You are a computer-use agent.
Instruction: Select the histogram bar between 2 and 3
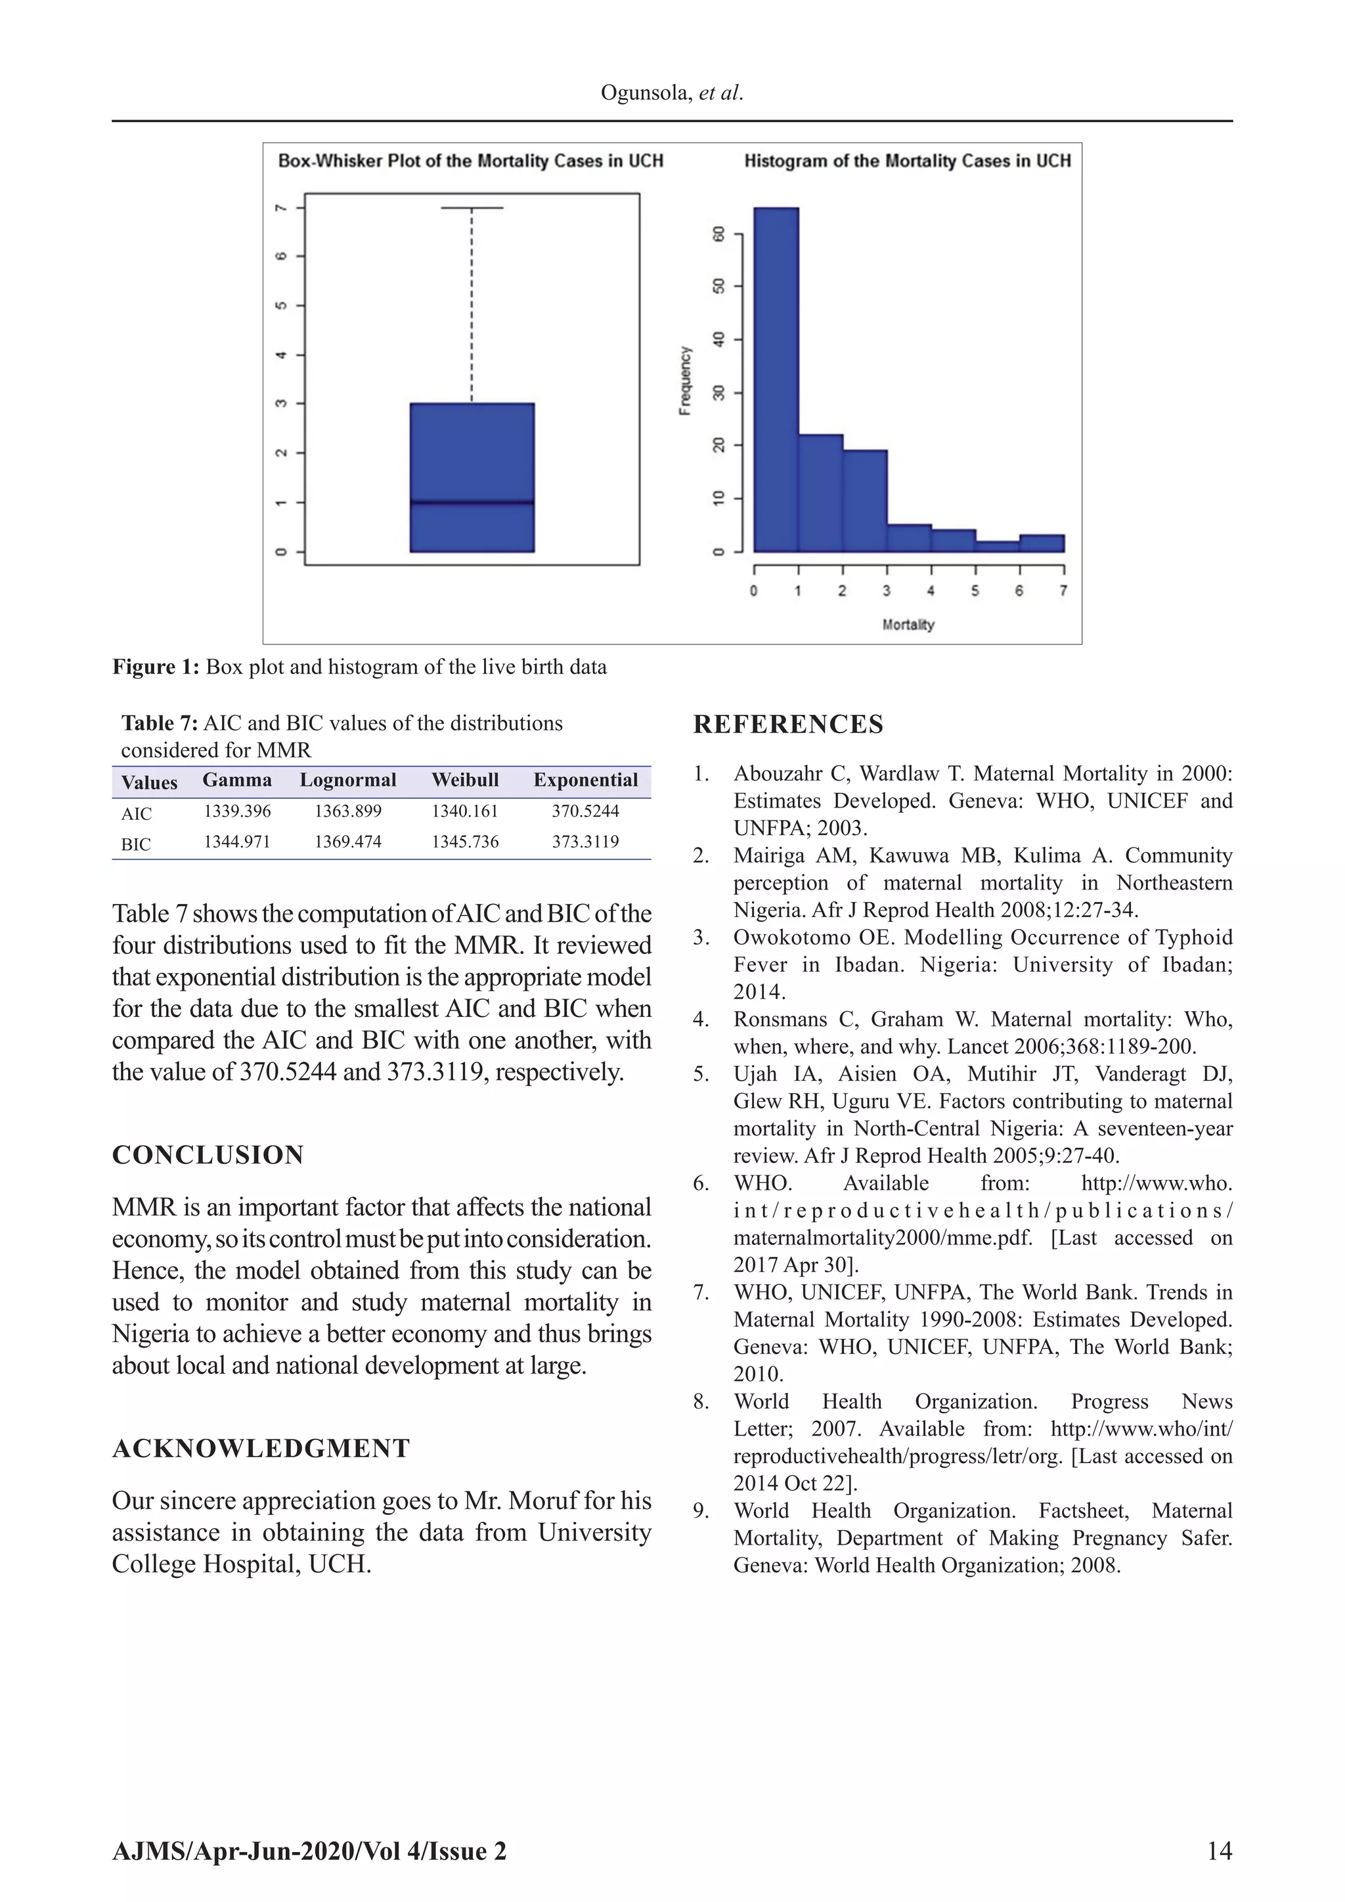pyautogui.click(x=865, y=501)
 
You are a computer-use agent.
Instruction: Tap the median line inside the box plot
pyautogui.click(x=472, y=502)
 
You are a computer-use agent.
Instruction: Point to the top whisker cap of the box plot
pyautogui.click(x=472, y=208)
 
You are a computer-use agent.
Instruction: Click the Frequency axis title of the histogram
pyautogui.click(x=685, y=381)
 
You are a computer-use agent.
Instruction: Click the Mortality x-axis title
pyautogui.click(x=908, y=625)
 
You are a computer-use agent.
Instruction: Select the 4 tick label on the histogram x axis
pyautogui.click(x=931, y=591)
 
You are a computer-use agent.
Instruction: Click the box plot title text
pyautogui.click(x=470, y=161)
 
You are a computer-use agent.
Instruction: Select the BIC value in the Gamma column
pyautogui.click(x=237, y=842)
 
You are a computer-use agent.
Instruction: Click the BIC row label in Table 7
pyautogui.click(x=136, y=844)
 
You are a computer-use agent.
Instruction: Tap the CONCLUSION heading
pyautogui.click(x=208, y=1155)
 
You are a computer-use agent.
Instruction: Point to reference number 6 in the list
pyautogui.click(x=701, y=1183)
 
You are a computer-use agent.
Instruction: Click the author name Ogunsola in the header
pyautogui.click(x=644, y=93)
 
